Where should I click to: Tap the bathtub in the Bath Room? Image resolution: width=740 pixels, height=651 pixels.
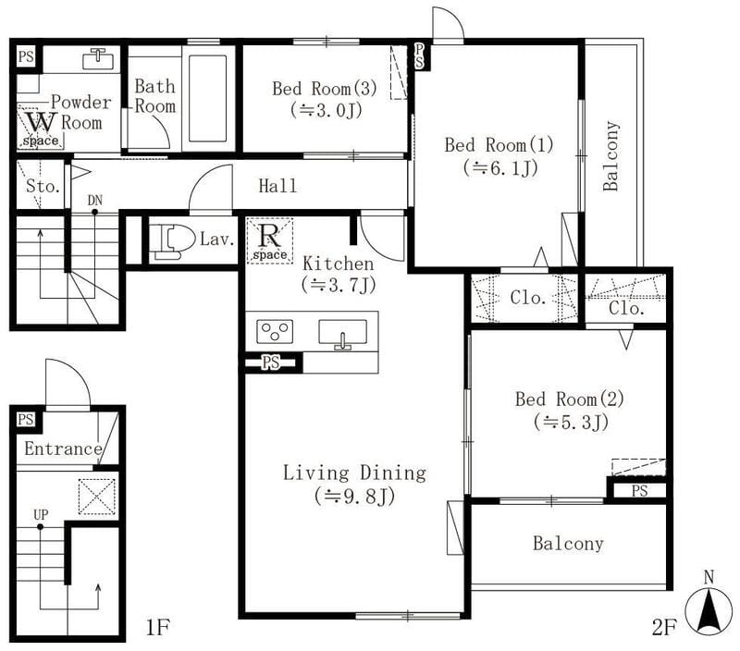207,98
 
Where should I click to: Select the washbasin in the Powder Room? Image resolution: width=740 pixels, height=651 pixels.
98,60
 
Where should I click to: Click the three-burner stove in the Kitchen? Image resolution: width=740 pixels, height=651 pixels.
275,331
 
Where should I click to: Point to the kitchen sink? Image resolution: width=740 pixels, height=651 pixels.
342,334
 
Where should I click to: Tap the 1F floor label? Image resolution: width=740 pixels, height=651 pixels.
157,627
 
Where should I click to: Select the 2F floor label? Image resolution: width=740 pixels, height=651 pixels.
664,627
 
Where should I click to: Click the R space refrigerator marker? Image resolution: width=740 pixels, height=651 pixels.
269,240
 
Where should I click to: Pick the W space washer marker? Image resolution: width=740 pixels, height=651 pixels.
41,128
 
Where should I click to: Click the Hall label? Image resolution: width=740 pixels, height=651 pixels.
278,186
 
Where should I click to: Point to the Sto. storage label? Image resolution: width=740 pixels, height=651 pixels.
43,186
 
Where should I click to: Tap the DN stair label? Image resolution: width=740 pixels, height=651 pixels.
95,201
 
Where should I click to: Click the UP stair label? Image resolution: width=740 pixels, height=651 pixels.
41,514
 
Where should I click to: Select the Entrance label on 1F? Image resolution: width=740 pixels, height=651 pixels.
63,448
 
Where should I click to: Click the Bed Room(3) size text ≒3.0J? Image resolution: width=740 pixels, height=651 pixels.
327,110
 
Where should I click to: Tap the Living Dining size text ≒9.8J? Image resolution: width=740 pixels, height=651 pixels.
354,496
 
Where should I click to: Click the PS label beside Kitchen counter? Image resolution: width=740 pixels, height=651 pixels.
271,362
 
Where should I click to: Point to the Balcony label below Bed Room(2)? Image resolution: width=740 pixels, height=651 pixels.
568,544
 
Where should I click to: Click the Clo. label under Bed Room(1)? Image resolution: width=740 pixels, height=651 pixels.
528,298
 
